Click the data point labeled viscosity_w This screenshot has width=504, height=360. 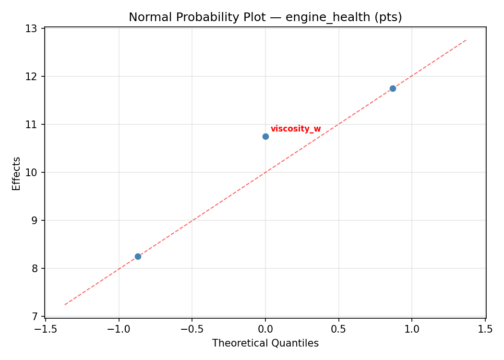265,136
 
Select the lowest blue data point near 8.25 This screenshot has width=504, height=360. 138,256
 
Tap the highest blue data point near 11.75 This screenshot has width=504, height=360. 393,88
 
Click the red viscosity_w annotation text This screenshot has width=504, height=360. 296,129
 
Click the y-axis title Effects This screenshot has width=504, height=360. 17,173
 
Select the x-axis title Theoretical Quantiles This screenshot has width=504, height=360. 265,343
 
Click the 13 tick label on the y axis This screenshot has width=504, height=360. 31,28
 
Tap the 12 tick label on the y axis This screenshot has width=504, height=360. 31,76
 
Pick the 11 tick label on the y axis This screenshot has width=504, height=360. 31,124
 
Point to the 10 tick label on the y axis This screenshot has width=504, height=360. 31,172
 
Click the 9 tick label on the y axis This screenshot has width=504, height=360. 34,220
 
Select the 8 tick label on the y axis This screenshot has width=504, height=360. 34,268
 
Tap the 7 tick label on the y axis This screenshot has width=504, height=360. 34,316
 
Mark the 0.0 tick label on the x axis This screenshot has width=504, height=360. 265,329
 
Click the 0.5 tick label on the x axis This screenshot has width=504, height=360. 339,329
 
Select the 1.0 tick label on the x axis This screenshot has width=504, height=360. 412,329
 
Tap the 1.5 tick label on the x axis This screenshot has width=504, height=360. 486,329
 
